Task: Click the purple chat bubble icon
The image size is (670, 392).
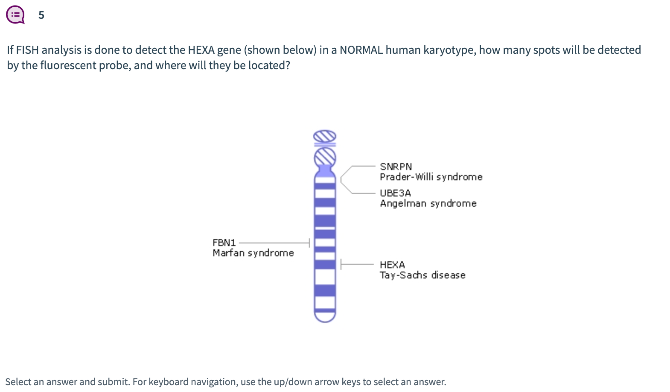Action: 15,15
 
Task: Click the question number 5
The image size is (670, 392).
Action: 41,15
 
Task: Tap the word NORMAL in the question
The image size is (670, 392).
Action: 361,50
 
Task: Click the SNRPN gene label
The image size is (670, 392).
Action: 396,167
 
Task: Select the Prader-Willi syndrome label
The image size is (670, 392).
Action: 431,177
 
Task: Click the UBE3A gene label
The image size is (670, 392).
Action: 395,193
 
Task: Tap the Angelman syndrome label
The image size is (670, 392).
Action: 428,203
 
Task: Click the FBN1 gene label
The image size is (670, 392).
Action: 224,243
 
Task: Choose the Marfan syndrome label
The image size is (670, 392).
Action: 253,253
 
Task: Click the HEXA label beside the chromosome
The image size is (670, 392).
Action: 392,265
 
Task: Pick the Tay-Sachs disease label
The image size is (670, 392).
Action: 422,275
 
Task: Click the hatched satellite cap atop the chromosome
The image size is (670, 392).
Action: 325,137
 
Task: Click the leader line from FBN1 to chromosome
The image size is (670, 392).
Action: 274,243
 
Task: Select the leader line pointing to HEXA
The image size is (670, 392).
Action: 358,264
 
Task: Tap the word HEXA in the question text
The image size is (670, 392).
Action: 201,50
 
